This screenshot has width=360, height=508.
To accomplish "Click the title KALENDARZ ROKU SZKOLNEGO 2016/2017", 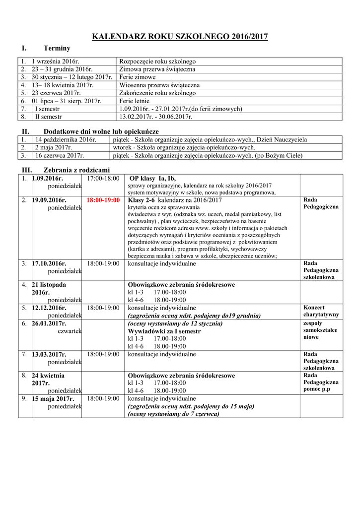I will (x=180, y=36).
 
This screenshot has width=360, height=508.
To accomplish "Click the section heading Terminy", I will (x=57, y=49).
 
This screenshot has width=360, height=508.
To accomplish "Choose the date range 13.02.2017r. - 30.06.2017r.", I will (x=155, y=117).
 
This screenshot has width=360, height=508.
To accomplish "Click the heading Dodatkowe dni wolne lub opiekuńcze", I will (x=101, y=131).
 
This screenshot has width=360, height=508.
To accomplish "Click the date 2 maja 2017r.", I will (x=53, y=148).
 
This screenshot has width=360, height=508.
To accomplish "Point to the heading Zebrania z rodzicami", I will (x=77, y=170).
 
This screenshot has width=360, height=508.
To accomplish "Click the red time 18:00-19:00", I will (x=103, y=200).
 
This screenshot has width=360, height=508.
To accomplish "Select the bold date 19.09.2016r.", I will (x=49, y=200).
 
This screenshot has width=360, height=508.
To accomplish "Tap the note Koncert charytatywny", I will (x=321, y=311).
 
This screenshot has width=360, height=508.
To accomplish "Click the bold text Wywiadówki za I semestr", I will (x=164, y=331).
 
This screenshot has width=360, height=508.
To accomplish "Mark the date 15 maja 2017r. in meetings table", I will (x=53, y=398).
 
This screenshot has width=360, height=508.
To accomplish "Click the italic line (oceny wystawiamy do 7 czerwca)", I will (x=173, y=414).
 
